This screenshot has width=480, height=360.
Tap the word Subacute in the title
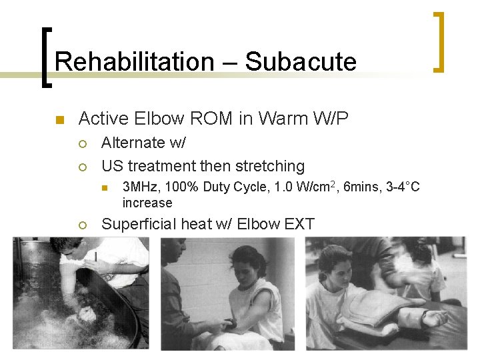click(x=301, y=62)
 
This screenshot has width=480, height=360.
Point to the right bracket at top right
click(x=439, y=41)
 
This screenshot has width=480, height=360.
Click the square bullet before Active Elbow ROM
click(x=59, y=121)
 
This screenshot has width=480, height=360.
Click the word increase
click(x=147, y=203)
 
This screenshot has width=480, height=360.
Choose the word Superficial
click(x=139, y=224)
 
